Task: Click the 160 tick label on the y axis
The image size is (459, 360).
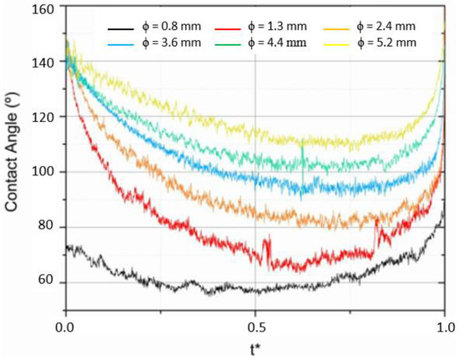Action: (x=43, y=9)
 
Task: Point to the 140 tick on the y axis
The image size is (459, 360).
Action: (x=43, y=63)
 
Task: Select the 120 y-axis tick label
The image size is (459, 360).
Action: (x=43, y=118)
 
